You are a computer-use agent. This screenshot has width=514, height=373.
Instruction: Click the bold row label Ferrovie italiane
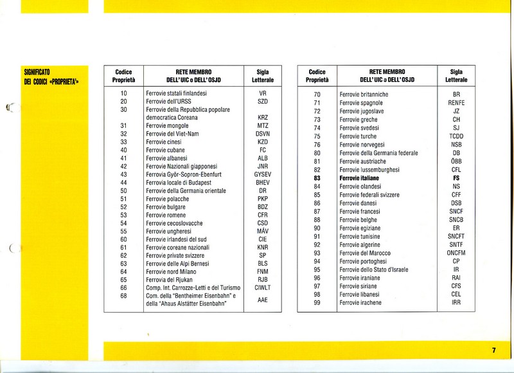pos(364,177)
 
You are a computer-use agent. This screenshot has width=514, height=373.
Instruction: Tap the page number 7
pos(493,350)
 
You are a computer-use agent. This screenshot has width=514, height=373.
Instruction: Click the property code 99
pos(317,302)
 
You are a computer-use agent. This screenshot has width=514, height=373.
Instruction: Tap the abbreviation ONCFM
pos(456,253)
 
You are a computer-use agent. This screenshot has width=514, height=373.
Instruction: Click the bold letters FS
pos(456,177)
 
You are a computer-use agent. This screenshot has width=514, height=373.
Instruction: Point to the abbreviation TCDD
pos(456,136)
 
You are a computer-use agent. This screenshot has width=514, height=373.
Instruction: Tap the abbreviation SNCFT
pos(456,236)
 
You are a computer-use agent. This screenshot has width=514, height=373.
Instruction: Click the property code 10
pos(123,94)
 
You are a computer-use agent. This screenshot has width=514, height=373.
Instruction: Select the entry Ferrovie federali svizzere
pos(369,194)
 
